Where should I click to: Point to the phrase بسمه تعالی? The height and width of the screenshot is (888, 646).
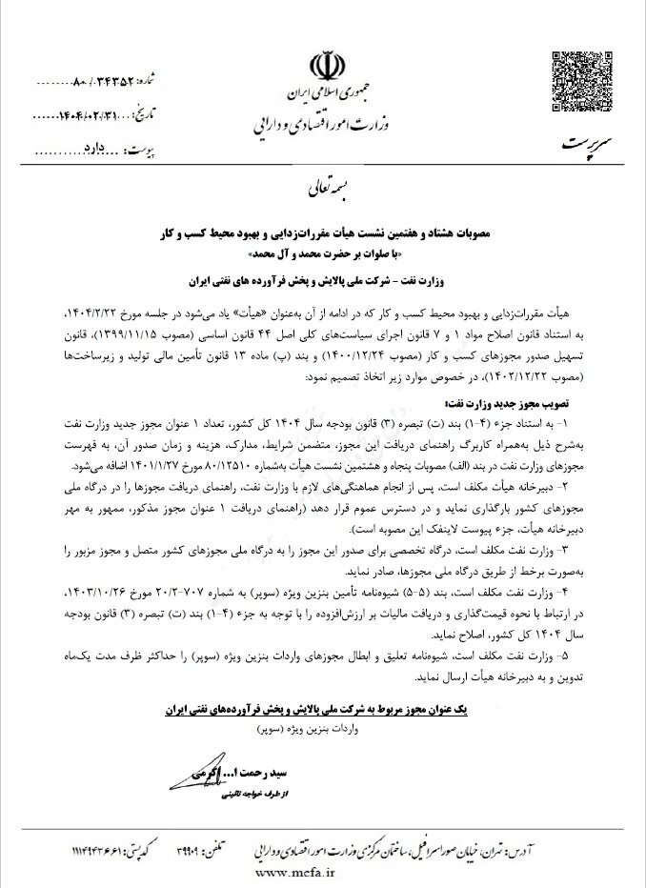tap(324, 187)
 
